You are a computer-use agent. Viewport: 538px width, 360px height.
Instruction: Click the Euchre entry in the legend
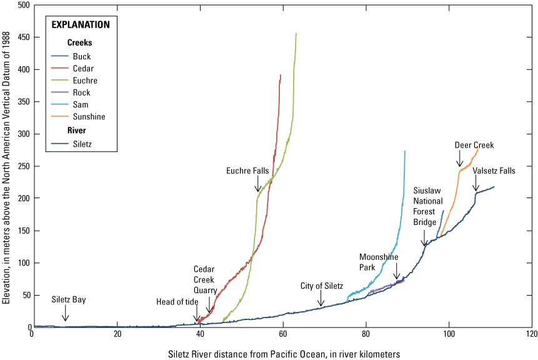pyautogui.click(x=85, y=81)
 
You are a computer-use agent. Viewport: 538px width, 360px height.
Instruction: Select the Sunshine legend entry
pyautogui.click(x=89, y=116)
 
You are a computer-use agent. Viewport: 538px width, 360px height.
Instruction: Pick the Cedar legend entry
pyautogui.click(x=84, y=69)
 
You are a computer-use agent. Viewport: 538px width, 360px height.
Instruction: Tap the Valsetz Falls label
pyautogui.click(x=494, y=171)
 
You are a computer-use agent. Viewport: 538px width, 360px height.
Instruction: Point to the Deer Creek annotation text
pyautogui.click(x=474, y=145)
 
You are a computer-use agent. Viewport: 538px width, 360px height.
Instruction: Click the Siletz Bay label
pyautogui.click(x=69, y=300)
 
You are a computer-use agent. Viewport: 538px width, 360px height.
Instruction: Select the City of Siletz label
pyautogui.click(x=322, y=286)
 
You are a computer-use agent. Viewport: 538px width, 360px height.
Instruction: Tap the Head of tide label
pyautogui.click(x=177, y=302)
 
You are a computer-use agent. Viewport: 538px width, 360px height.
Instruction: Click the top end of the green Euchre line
pyautogui.click(x=296, y=34)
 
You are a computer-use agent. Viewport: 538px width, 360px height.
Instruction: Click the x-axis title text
pyautogui.click(x=284, y=354)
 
